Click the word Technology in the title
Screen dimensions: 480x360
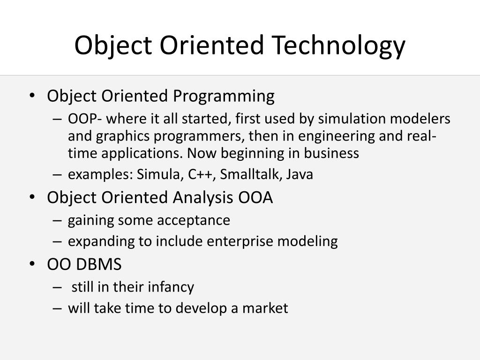[338, 45]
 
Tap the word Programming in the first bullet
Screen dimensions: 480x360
[224, 97]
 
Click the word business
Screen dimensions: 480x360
[331, 153]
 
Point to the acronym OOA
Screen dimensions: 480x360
[255, 197]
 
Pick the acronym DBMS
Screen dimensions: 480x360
[98, 264]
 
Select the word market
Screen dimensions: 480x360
[265, 308]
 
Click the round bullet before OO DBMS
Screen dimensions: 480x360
[32, 264]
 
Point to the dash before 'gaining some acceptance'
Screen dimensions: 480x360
[57, 221]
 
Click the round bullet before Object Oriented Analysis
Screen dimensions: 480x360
[32, 197]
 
